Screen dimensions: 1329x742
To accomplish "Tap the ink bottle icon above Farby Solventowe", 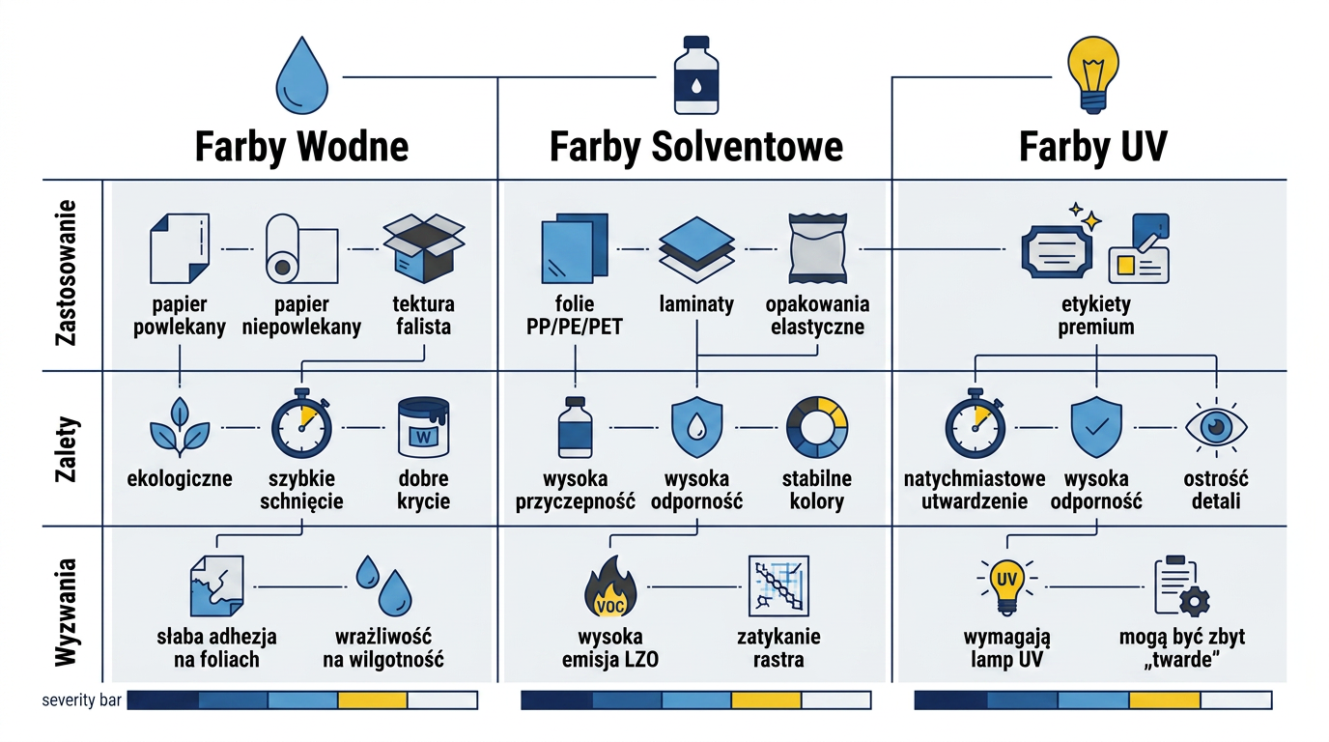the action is tap(696, 75).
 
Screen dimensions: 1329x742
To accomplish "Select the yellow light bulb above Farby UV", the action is tap(1093, 74).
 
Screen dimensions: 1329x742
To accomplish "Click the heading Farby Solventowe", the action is tap(696, 147).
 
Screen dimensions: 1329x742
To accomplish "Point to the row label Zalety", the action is tap(66, 448).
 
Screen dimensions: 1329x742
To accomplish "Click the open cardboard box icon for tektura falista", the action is tap(424, 248).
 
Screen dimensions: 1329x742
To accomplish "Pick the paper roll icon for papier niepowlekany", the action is tap(301, 248).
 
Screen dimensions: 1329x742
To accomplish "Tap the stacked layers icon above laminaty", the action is tap(696, 249).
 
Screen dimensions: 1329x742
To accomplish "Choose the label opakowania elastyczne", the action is tap(817, 315).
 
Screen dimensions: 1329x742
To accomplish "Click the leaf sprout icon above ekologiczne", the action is tap(180, 427).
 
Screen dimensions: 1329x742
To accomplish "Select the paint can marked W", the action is tap(423, 427).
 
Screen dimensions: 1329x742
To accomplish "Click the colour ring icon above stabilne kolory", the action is tap(817, 427).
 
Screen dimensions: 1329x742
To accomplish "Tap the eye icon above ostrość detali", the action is tap(1216, 427).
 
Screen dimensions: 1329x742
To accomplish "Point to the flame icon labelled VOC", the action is tap(610, 586).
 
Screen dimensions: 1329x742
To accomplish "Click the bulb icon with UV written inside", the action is tap(1006, 586).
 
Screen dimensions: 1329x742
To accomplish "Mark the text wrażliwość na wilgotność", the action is tap(383, 648).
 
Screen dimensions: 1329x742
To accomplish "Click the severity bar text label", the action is tap(81, 700).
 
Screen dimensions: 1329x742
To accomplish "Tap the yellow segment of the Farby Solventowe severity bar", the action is tap(766, 700).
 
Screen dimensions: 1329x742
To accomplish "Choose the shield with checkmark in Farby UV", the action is tap(1096, 427).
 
